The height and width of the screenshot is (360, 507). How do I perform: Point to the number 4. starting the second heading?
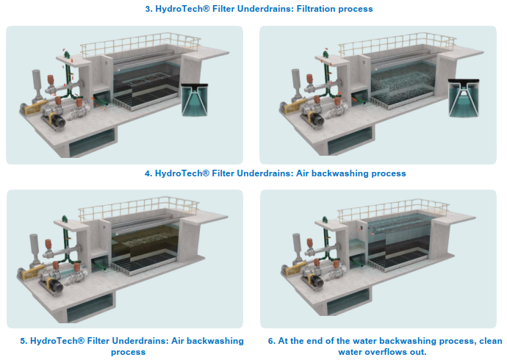coord(148,173)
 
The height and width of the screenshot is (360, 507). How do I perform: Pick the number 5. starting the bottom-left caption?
coord(24,341)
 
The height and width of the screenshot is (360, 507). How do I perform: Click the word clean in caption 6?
coord(491,341)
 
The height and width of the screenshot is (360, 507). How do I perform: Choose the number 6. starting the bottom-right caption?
coord(272,341)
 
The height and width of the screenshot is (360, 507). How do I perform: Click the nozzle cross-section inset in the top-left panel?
coord(194,99)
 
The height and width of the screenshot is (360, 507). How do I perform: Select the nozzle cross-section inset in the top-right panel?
coord(464,98)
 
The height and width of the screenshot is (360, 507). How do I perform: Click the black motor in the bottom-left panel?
coord(56,285)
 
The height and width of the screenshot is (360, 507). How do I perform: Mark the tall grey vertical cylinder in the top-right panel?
coord(295,83)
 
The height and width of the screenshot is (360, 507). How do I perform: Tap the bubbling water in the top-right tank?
coord(402,80)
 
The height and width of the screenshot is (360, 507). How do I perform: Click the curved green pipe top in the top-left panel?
coord(67,54)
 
